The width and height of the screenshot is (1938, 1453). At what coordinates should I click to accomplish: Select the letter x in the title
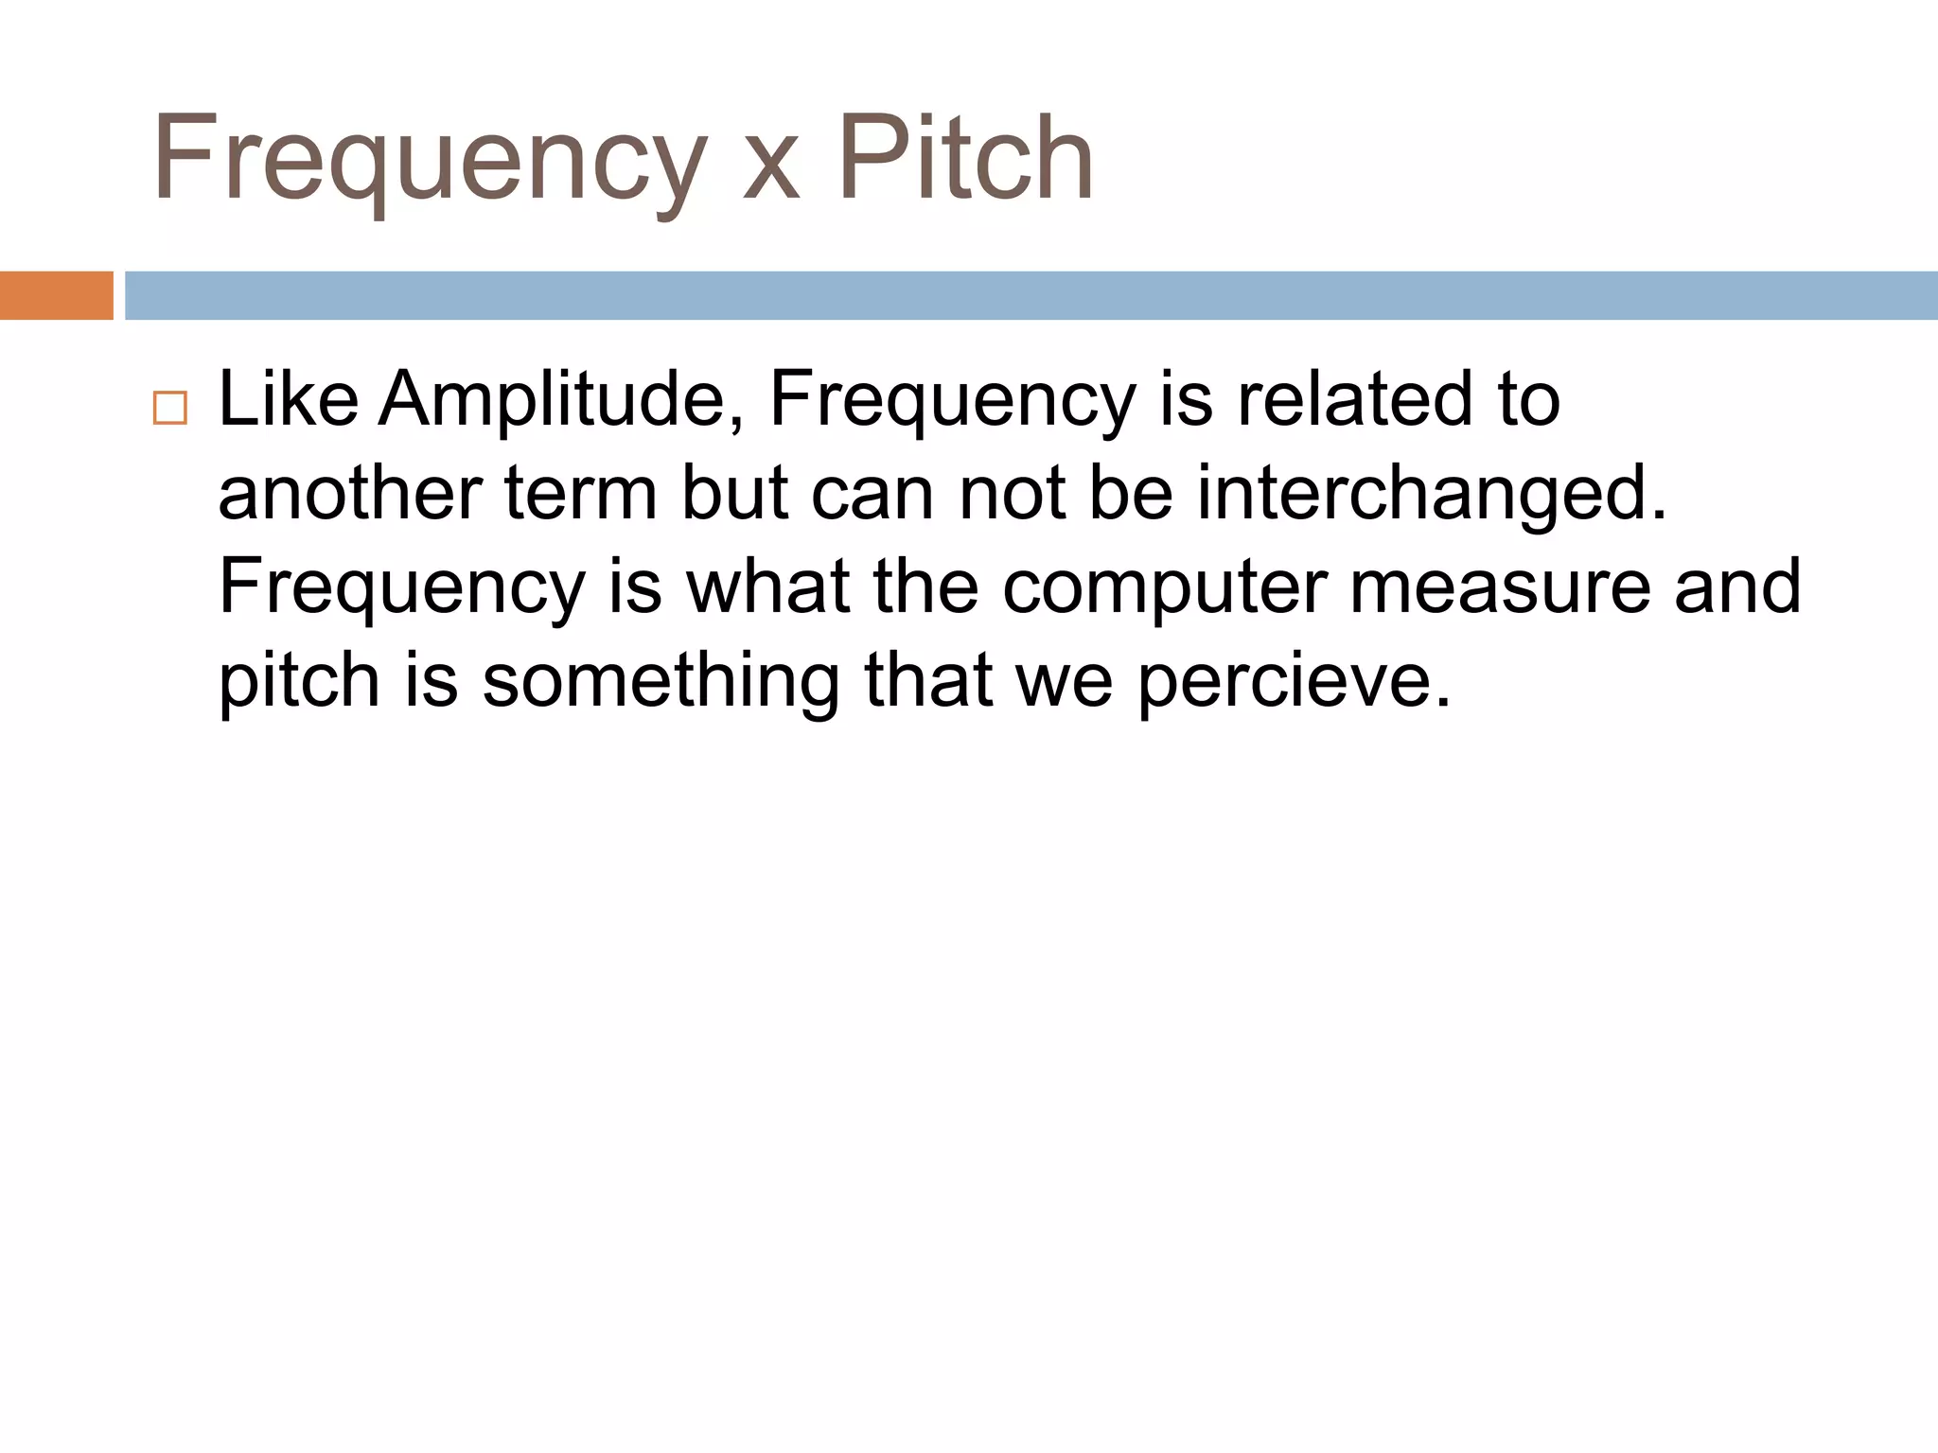[x=771, y=170]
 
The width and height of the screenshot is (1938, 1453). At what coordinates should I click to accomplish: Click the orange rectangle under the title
[x=56, y=295]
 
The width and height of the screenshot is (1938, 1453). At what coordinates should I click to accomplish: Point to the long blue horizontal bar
[x=1031, y=295]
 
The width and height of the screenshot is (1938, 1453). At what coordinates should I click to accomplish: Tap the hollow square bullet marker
[x=170, y=408]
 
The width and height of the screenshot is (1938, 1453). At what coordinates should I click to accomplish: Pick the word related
[x=1355, y=399]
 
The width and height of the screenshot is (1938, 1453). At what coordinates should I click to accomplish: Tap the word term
[x=581, y=494]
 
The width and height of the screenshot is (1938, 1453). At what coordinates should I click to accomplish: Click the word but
[x=735, y=494]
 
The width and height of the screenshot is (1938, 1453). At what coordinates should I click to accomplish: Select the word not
[x=1012, y=494]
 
